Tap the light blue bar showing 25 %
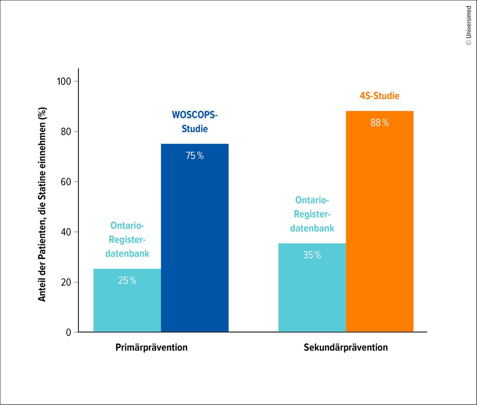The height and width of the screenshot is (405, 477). (127, 303)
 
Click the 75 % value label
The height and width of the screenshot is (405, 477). (195, 156)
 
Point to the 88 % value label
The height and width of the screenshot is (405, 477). (380, 123)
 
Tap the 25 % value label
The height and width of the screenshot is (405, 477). (127, 281)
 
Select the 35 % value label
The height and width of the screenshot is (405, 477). (312, 255)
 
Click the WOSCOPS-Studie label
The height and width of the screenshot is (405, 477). (195, 122)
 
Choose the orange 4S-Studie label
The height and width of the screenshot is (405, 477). (380, 96)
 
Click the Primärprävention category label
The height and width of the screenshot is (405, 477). (151, 348)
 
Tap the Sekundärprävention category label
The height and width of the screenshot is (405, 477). (346, 348)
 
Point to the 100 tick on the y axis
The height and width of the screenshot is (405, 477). (64, 82)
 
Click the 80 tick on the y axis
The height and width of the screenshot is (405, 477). (66, 132)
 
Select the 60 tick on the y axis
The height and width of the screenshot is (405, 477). (66, 182)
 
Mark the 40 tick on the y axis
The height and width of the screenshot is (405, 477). (66, 232)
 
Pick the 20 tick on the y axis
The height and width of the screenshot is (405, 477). (66, 282)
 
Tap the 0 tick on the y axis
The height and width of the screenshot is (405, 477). (68, 333)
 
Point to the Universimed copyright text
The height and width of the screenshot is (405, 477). (469, 26)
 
